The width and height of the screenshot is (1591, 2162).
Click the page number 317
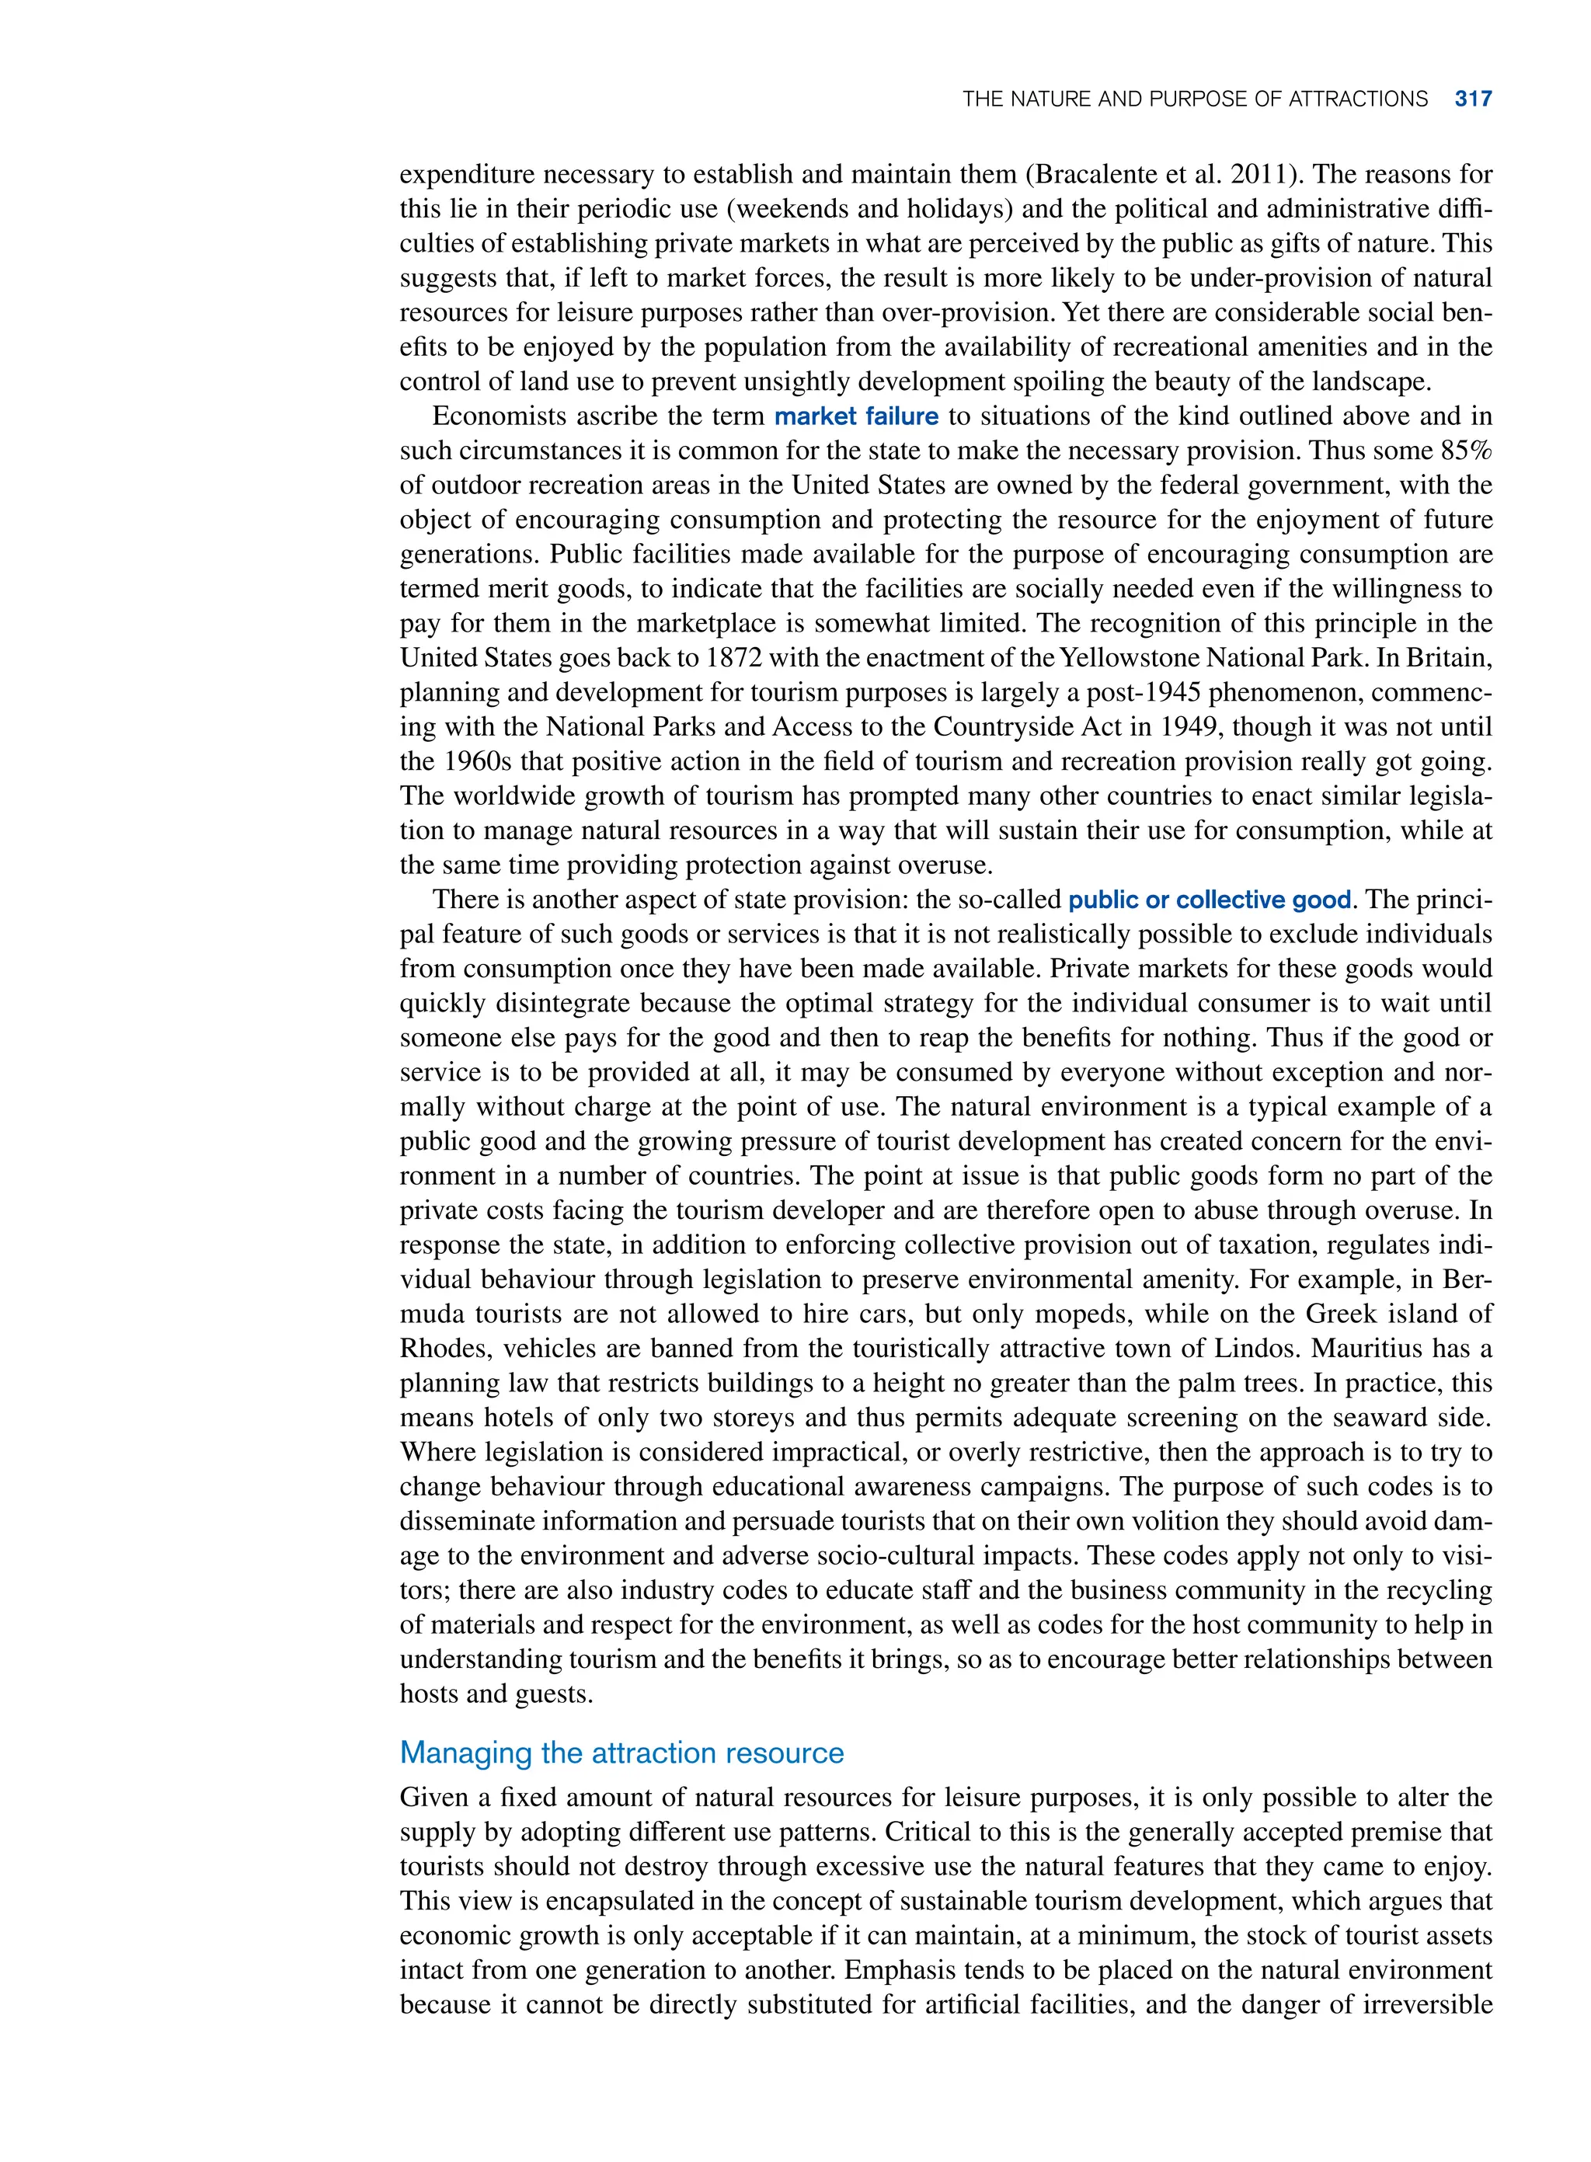[1473, 99]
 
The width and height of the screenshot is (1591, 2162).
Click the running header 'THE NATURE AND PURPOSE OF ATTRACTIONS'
[1194, 99]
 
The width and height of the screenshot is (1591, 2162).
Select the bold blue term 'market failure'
[856, 416]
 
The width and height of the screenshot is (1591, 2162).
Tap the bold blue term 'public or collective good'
[1210, 900]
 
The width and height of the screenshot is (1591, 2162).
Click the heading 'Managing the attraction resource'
[621, 1752]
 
